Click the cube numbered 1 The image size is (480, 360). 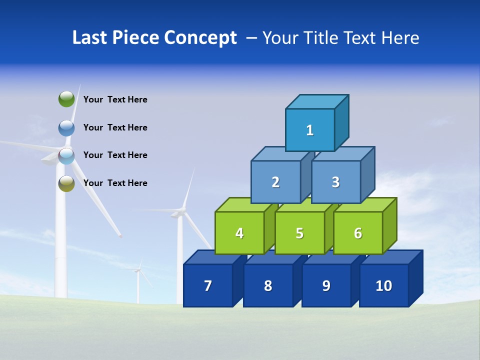coord(310,130)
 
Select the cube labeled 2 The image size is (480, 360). coord(275,182)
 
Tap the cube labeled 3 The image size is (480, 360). coord(335,182)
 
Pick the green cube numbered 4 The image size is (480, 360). coord(239,233)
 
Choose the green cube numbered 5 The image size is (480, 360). coord(299,233)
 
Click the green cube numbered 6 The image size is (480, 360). coord(358,233)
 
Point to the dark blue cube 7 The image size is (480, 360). coord(208,285)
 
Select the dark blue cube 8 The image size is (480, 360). coord(268,285)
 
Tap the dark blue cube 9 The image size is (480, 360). coord(326,285)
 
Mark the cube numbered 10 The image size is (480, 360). coord(384,285)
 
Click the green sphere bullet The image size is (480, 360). coord(66,99)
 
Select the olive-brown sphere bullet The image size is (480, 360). coord(66,183)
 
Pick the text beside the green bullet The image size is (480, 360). coord(115,99)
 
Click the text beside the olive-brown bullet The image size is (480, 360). coord(115,183)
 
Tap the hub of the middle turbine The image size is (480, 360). coord(178,213)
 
